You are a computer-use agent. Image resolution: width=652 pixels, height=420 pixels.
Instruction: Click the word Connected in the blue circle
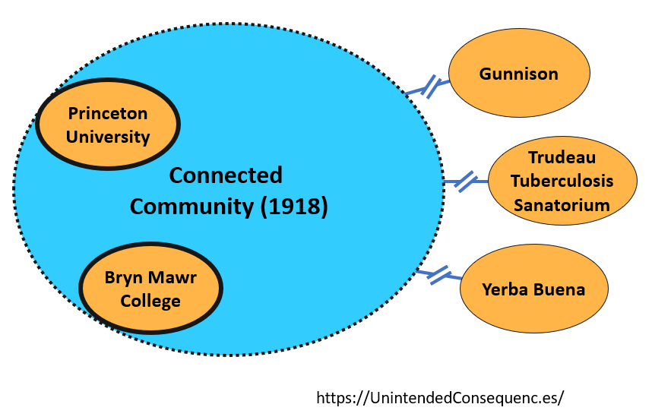(226, 175)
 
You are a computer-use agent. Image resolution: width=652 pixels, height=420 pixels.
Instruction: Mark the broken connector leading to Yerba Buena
(438, 274)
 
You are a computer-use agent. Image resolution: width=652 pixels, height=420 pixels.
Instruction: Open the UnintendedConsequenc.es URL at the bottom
(440, 397)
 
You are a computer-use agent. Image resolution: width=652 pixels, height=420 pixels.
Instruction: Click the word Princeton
(108, 114)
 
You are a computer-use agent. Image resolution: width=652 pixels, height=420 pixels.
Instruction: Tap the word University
(108, 137)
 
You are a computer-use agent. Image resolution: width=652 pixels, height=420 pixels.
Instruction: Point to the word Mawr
(174, 277)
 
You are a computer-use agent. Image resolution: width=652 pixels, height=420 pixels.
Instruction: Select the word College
(150, 301)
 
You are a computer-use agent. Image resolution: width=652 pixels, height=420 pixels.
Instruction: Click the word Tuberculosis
(562, 182)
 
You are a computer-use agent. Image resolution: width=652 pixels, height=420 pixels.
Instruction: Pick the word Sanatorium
(562, 205)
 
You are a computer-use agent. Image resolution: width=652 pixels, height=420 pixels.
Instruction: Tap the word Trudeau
(562, 158)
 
